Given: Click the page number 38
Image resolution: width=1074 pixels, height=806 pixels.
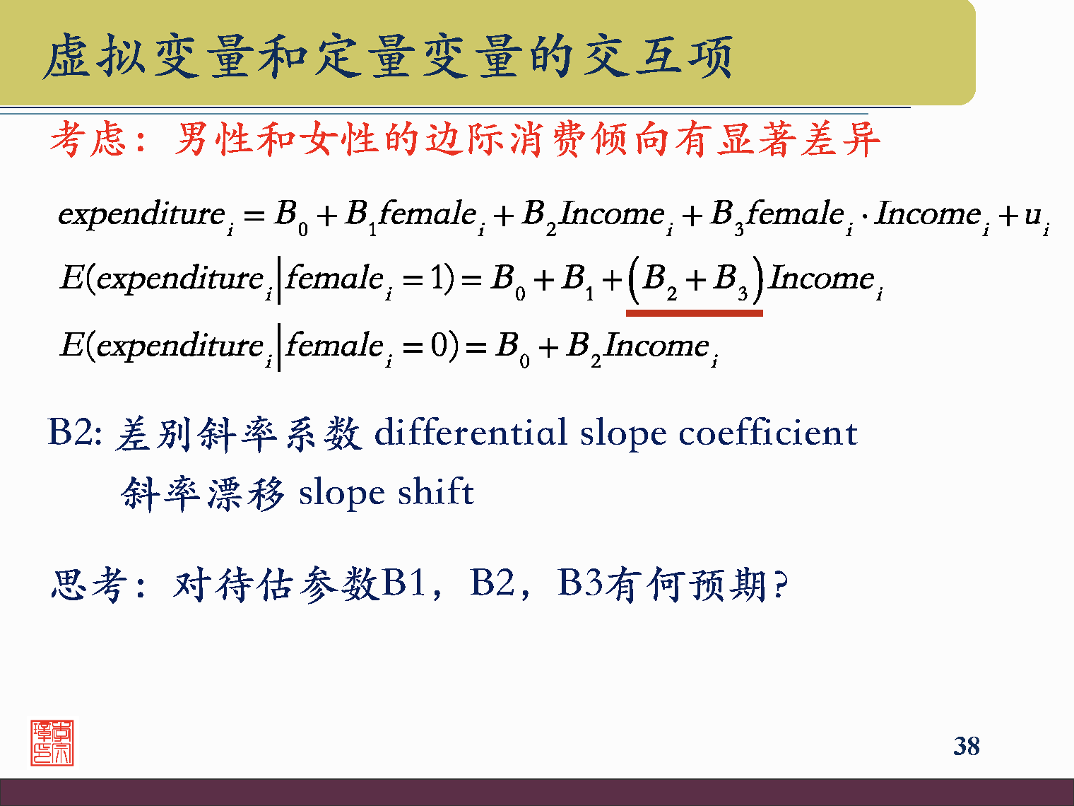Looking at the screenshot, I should pyautogui.click(x=966, y=746).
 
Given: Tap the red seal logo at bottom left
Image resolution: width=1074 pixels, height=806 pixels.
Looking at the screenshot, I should pyautogui.click(x=52, y=743).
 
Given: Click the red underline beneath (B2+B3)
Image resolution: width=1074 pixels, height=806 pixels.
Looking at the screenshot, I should pyautogui.click(x=694, y=312).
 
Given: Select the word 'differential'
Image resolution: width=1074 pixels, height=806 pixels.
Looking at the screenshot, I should pyautogui.click(x=471, y=432).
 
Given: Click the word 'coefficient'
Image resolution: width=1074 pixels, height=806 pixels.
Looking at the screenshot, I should pyautogui.click(x=767, y=432).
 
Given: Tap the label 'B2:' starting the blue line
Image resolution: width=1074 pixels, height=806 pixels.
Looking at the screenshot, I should pyautogui.click(x=74, y=432).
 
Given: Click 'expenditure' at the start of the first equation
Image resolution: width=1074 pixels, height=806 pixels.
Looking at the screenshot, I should pyautogui.click(x=141, y=214).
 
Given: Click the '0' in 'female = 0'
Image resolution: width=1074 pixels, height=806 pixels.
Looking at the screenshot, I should pyautogui.click(x=439, y=345).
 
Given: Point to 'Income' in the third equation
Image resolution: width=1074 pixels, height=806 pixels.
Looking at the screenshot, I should pyautogui.click(x=657, y=345).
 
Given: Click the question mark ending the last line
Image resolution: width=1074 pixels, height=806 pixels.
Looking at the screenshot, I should pyautogui.click(x=779, y=585).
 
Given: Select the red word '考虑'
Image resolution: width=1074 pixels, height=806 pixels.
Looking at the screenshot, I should pyautogui.click(x=88, y=139).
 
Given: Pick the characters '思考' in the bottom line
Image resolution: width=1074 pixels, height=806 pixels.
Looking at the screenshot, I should pyautogui.click(x=88, y=585).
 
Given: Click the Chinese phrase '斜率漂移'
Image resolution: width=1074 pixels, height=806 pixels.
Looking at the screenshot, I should pyautogui.click(x=203, y=493).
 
